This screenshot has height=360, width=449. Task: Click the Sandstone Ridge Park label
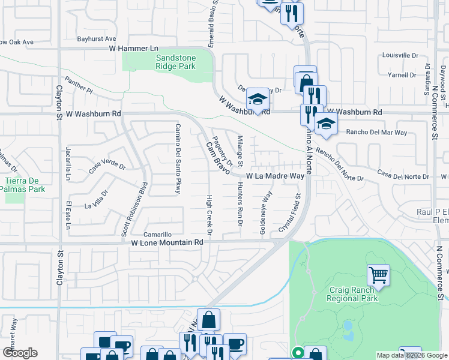click(x=175, y=62)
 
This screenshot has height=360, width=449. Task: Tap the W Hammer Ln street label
click(x=133, y=48)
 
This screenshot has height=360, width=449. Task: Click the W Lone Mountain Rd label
click(x=167, y=242)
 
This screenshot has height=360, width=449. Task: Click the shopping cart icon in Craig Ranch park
click(x=378, y=275)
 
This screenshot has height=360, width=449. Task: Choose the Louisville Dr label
click(x=400, y=55)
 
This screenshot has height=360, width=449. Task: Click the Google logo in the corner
click(x=20, y=353)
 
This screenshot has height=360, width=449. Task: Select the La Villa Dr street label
click(x=97, y=202)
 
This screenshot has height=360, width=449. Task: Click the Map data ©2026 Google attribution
click(x=411, y=355)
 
